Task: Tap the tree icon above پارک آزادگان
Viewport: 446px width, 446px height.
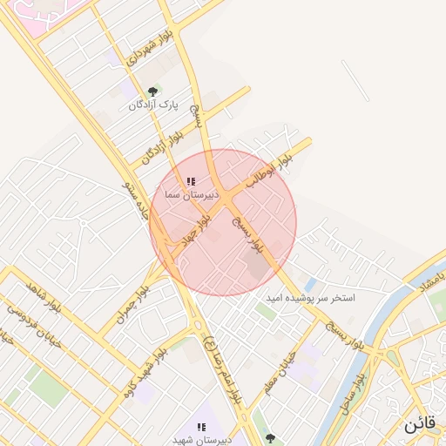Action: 153,91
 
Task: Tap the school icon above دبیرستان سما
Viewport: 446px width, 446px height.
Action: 190,182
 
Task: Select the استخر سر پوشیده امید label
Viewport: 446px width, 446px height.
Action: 311,298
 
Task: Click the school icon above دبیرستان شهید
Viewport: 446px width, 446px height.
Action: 201,427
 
